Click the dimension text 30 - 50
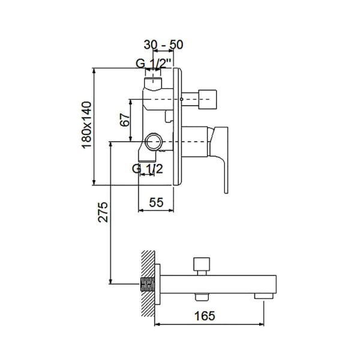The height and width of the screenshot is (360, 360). [x=164, y=44]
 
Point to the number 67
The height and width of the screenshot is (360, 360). [x=124, y=119]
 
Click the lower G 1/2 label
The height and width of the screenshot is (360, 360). [x=147, y=169]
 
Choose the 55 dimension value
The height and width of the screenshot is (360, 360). [x=157, y=202]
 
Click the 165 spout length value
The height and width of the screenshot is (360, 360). [x=205, y=314]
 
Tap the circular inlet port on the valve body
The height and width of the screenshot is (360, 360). [x=153, y=143]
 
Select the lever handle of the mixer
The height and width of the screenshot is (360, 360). [x=220, y=156]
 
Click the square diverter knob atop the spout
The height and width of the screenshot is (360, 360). [x=200, y=265]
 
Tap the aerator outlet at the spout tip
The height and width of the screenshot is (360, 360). [x=262, y=295]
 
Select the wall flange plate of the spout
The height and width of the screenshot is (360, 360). [x=157, y=283]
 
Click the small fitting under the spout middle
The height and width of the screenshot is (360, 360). [x=200, y=296]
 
